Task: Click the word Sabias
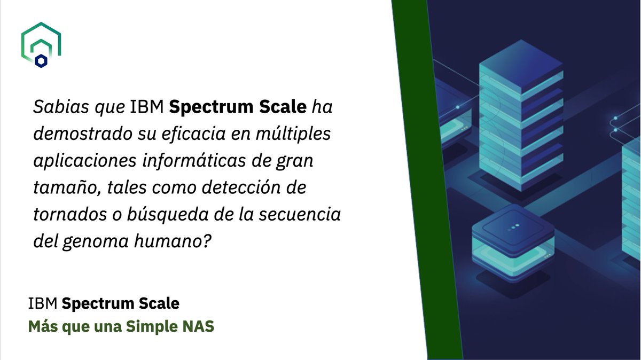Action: pos(54,107)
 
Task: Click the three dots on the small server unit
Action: pos(514,226)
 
